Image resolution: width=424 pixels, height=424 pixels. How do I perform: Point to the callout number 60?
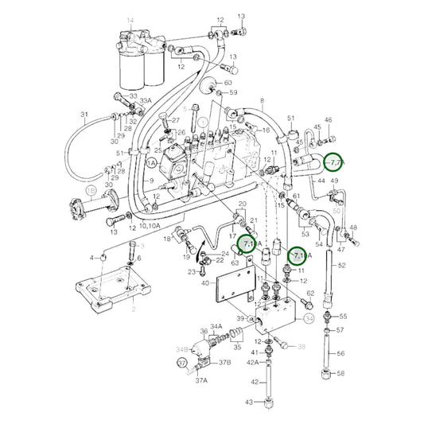click(228, 82)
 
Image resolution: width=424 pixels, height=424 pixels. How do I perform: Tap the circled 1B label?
click(91, 192)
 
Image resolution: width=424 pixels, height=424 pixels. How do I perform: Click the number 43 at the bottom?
click(249, 403)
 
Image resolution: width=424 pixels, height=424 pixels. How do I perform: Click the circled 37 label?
click(181, 363)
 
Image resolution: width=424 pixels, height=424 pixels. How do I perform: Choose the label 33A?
click(145, 100)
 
